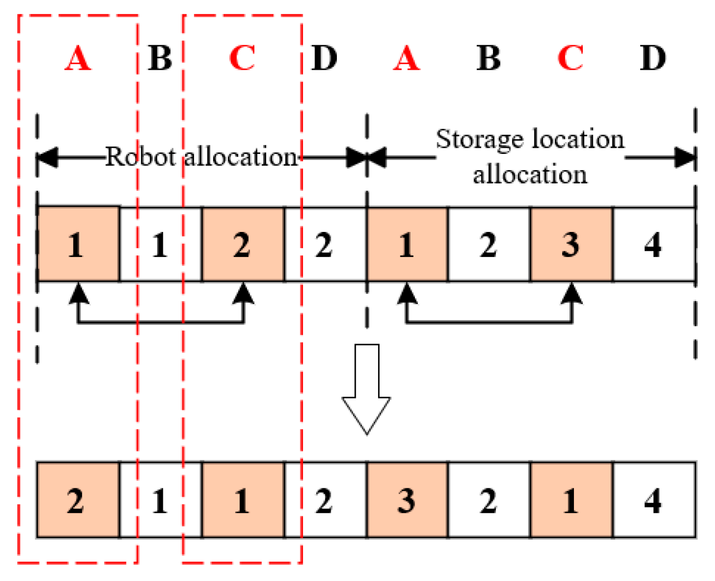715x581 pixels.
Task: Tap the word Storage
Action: pos(480,139)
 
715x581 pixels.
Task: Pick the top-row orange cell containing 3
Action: pos(571,244)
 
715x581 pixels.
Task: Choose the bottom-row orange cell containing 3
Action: pos(407,500)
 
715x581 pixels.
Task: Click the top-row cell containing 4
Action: pos(653,244)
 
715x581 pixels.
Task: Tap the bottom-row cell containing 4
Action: pos(653,500)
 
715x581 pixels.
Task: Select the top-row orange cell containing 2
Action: pos(242,244)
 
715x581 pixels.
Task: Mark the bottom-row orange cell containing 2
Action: pos(77,500)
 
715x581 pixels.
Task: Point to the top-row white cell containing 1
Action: pos(160,244)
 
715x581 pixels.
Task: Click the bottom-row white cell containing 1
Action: pos(160,500)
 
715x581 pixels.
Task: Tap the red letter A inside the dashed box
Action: pos(78,58)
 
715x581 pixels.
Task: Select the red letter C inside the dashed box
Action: pos(242,58)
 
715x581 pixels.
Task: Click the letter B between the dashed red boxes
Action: pos(160,58)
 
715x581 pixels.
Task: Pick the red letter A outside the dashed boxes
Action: pos(407,58)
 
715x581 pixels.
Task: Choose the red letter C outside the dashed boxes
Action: pos(571,58)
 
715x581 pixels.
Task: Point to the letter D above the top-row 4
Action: pos(653,58)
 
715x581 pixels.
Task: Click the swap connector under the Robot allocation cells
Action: pos(161,322)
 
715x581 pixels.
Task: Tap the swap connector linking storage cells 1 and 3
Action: pos(489,322)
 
